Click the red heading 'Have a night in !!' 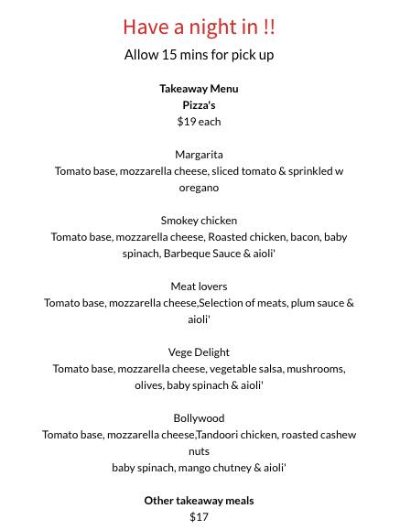[199, 27]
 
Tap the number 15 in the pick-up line [170, 55]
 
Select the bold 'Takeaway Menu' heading [199, 89]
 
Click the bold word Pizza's [199, 105]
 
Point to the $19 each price [199, 122]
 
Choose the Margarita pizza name [199, 155]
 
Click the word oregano [199, 188]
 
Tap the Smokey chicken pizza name [199, 221]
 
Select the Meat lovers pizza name [199, 287]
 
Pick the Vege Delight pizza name [199, 352]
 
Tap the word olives [148, 385]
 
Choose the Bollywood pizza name [199, 418]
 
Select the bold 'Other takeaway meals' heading [199, 501]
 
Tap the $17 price [199, 517]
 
